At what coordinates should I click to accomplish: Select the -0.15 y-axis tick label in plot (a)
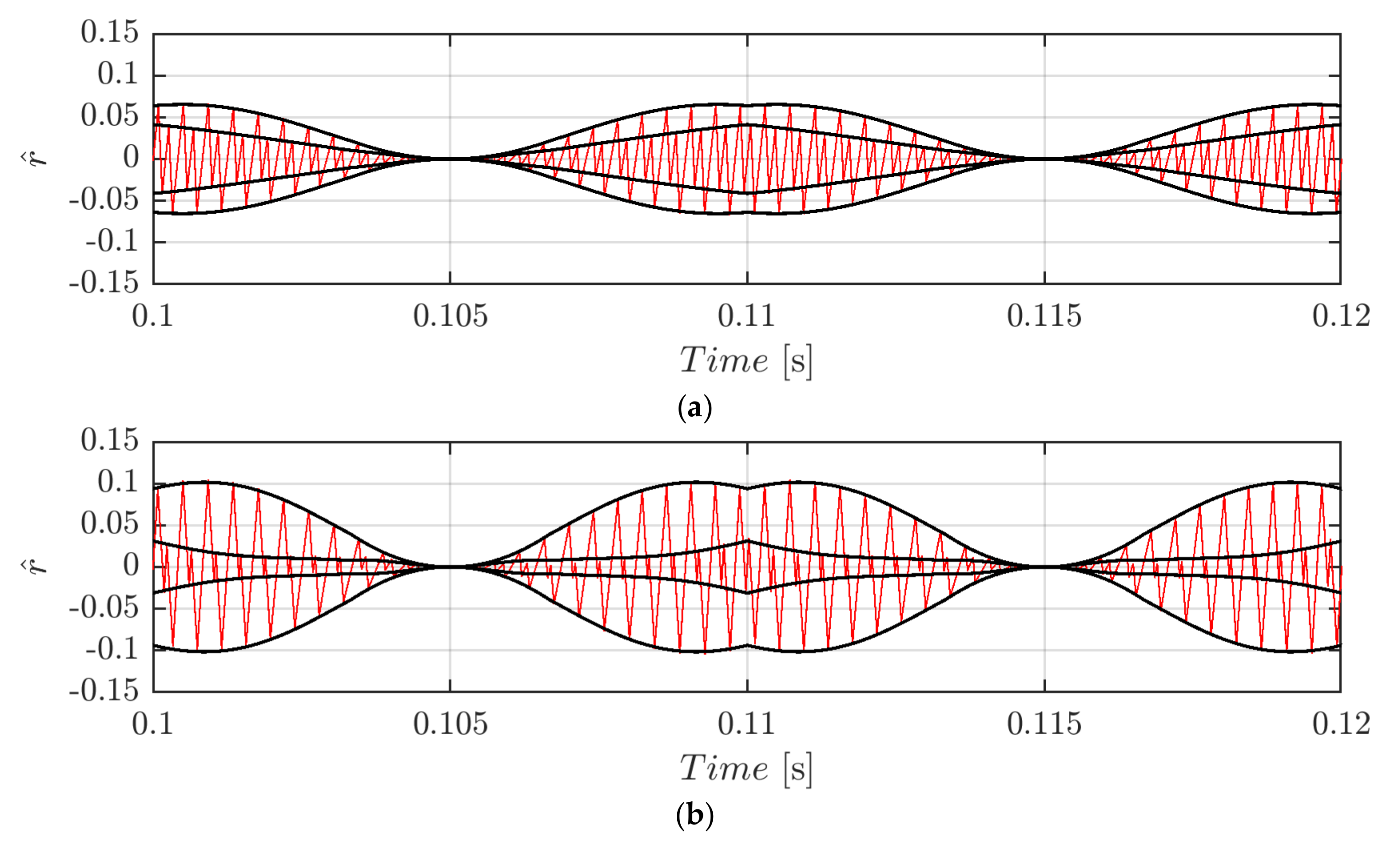point(104,282)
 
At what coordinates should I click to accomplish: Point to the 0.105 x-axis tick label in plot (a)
point(450,316)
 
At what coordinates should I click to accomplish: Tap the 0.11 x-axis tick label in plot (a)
point(747,316)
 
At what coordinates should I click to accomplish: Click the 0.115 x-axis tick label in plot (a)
point(1044,316)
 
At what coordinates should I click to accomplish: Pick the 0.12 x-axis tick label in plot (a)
point(1341,316)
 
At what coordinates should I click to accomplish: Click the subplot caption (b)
point(694,815)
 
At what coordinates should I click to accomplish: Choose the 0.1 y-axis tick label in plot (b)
point(117,482)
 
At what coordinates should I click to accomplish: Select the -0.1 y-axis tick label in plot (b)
point(111,649)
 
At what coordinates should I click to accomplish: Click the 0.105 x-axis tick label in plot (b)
point(450,724)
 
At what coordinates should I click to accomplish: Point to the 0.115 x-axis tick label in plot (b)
point(1044,724)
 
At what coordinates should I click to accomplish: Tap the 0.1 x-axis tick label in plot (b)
point(152,724)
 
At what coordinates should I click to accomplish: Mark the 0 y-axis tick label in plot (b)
point(131,565)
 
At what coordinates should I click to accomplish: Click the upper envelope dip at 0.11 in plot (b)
point(747,489)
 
